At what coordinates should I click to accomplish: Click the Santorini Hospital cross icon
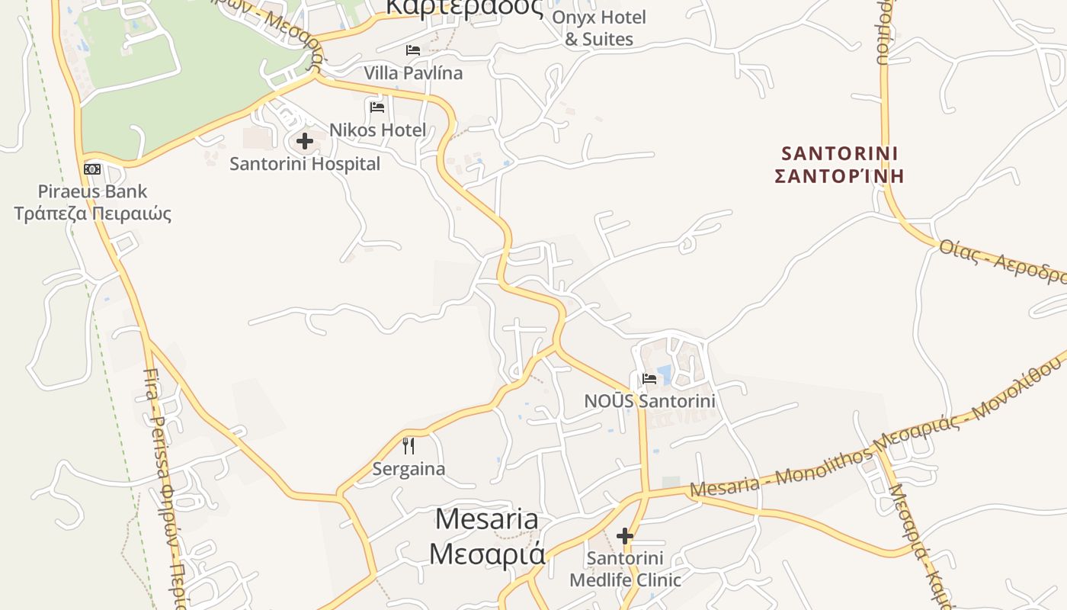[x=305, y=141]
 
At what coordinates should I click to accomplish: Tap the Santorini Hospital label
[x=305, y=164]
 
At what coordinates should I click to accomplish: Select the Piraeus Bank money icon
[x=92, y=169]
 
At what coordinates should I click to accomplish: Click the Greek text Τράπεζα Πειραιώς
[x=93, y=213]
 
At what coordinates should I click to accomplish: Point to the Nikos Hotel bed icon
[x=376, y=107]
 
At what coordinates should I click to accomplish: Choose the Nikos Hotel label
[x=377, y=130]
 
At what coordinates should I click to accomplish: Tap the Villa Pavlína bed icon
[x=413, y=50]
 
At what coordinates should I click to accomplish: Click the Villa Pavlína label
[x=413, y=73]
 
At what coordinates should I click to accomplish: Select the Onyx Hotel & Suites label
[x=599, y=28]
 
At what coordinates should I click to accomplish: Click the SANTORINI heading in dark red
[x=839, y=152]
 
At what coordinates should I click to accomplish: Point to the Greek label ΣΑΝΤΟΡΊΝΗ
[x=839, y=176]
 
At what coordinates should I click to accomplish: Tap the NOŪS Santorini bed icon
[x=649, y=378]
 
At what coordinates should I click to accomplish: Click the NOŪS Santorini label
[x=649, y=400]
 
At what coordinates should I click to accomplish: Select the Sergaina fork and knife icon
[x=409, y=445]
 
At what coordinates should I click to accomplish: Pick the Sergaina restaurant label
[x=409, y=468]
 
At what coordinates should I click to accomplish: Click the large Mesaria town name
[x=486, y=519]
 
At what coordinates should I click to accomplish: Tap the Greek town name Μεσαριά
[x=487, y=553]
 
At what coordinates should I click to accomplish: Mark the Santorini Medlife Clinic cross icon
[x=625, y=535]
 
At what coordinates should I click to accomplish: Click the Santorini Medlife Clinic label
[x=625, y=569]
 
